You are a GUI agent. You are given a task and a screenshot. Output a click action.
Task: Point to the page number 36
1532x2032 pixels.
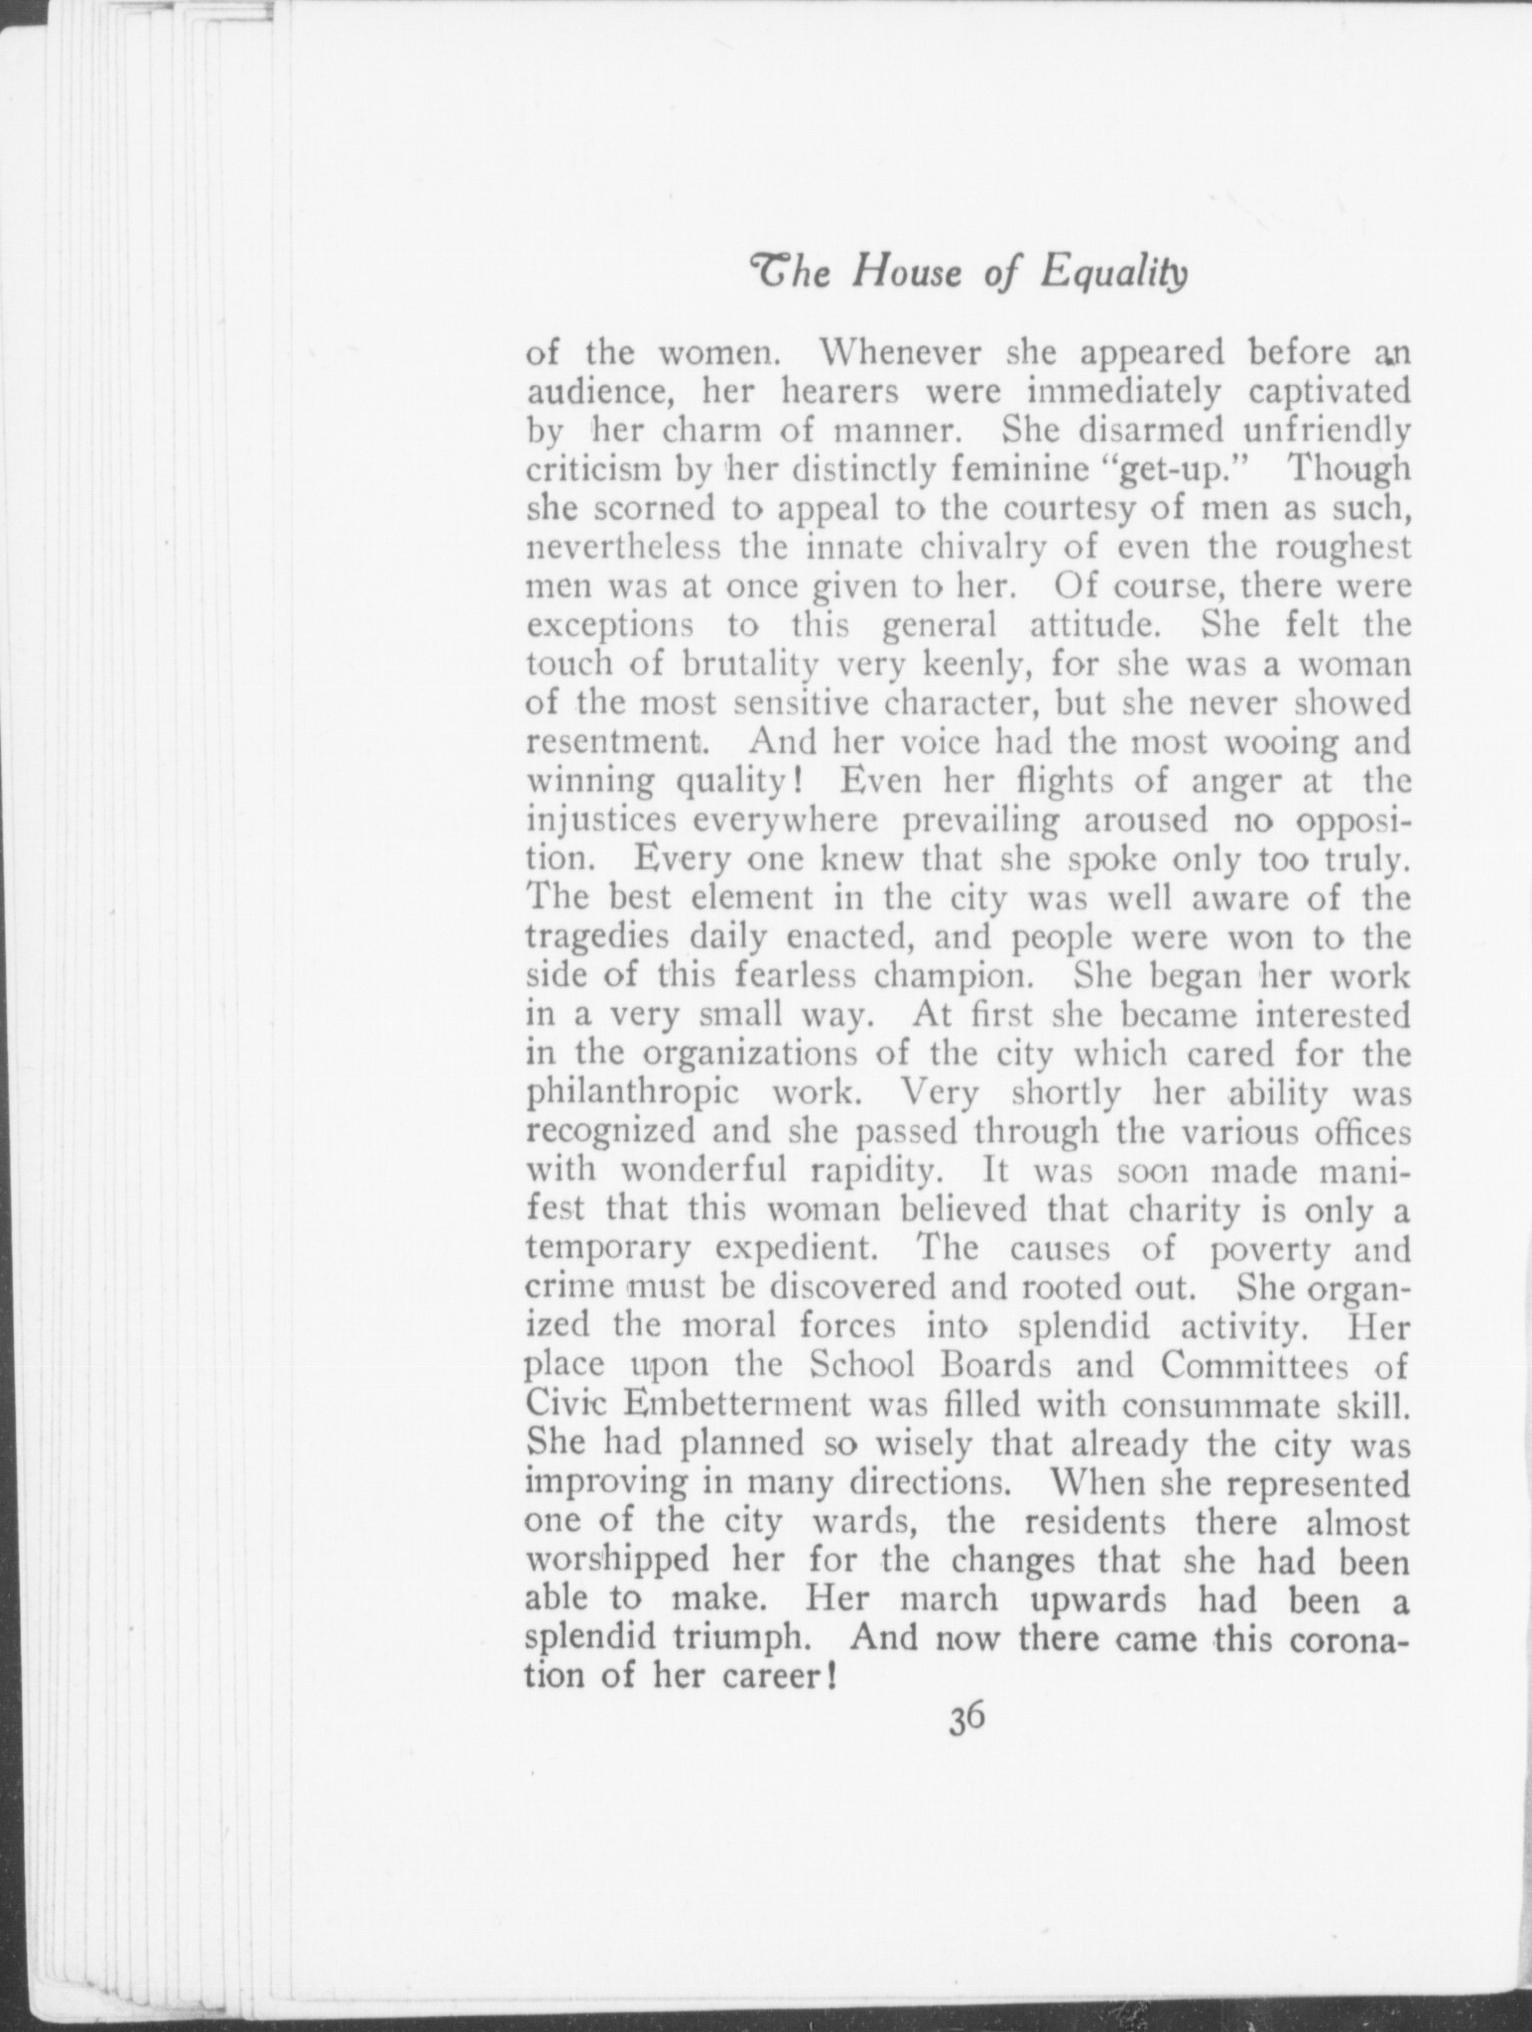pos(965,1745)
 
